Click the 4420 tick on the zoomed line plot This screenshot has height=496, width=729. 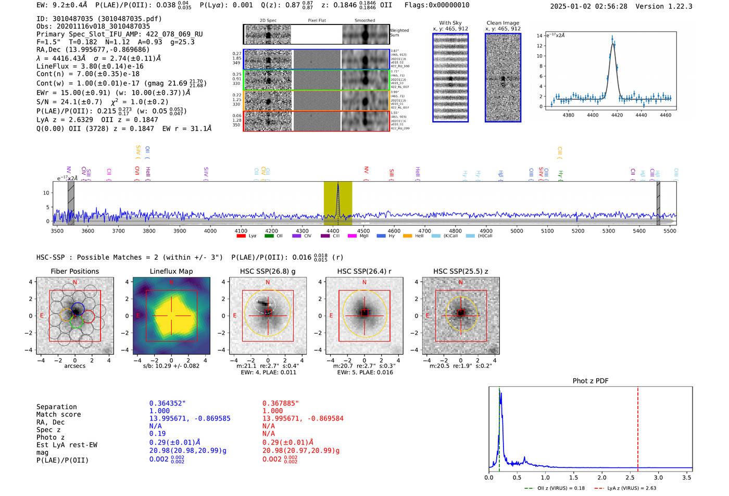point(617,115)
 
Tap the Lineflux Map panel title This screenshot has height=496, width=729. point(171,271)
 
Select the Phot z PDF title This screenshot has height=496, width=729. point(590,380)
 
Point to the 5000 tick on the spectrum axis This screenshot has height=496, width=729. point(517,231)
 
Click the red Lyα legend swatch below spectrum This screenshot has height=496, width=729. point(241,236)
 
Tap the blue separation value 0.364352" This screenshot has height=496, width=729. point(168,403)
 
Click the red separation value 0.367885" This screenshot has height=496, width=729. point(281,403)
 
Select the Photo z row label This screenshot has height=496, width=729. point(51,437)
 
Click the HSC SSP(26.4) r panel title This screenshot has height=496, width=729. point(364,271)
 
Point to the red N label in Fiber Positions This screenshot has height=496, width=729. point(75,283)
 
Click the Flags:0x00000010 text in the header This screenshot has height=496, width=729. point(437,5)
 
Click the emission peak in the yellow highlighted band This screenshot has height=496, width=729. point(338,185)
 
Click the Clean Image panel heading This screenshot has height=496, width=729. point(502,23)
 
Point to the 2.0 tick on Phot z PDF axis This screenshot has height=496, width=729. point(602,477)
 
